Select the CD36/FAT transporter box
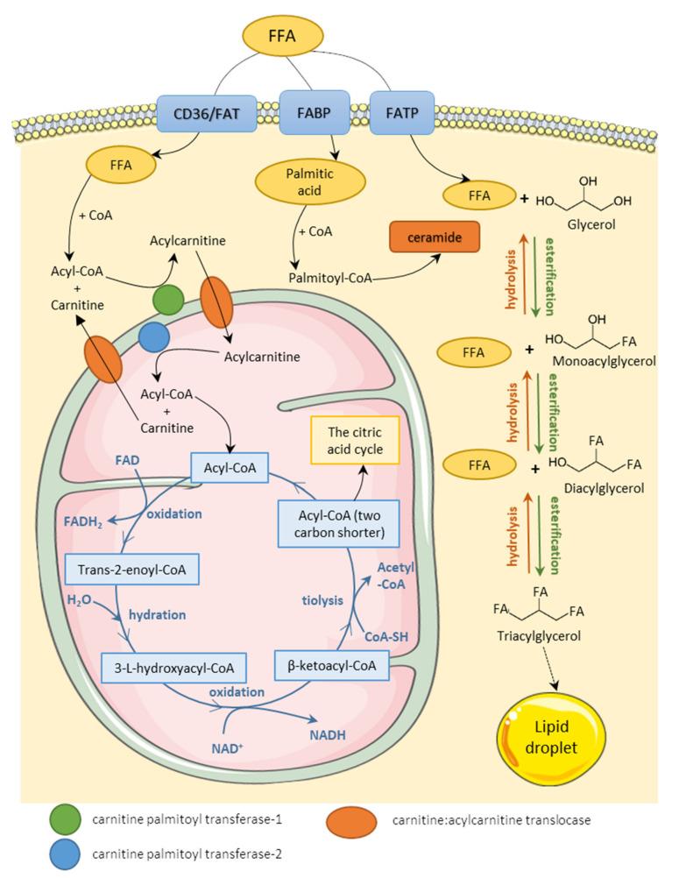coord(207,114)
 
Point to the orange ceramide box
coord(435,237)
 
